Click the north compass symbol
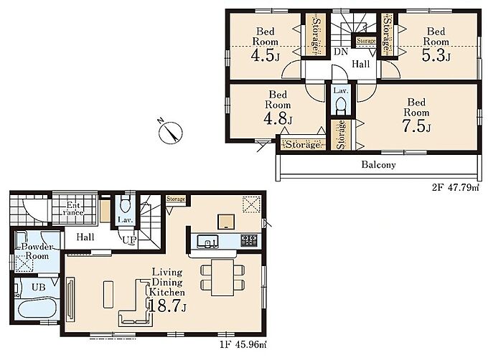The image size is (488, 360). pos(170,132)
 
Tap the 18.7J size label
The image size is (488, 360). pos(168,305)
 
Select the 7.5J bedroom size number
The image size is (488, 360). pos(417,126)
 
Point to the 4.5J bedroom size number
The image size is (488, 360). pos(266,55)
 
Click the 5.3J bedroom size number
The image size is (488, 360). pos(436,55)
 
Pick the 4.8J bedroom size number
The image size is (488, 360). pos(278,118)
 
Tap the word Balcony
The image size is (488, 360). pos(378,164)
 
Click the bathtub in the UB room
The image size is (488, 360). pos(37,308)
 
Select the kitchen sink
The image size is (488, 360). pos(207,241)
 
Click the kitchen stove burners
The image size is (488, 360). pos(249,240)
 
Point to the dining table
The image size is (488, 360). pos(222,277)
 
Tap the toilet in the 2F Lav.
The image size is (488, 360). pos(341,105)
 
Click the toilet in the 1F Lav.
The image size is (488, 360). pos(126,204)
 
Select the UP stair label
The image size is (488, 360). pos(129,240)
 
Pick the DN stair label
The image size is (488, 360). pos(341,52)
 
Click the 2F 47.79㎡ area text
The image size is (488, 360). pos(455,187)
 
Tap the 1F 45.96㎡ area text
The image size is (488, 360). pos(243,344)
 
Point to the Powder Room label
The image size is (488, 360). pos(37,251)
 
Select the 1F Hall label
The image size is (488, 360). pos(85,237)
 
